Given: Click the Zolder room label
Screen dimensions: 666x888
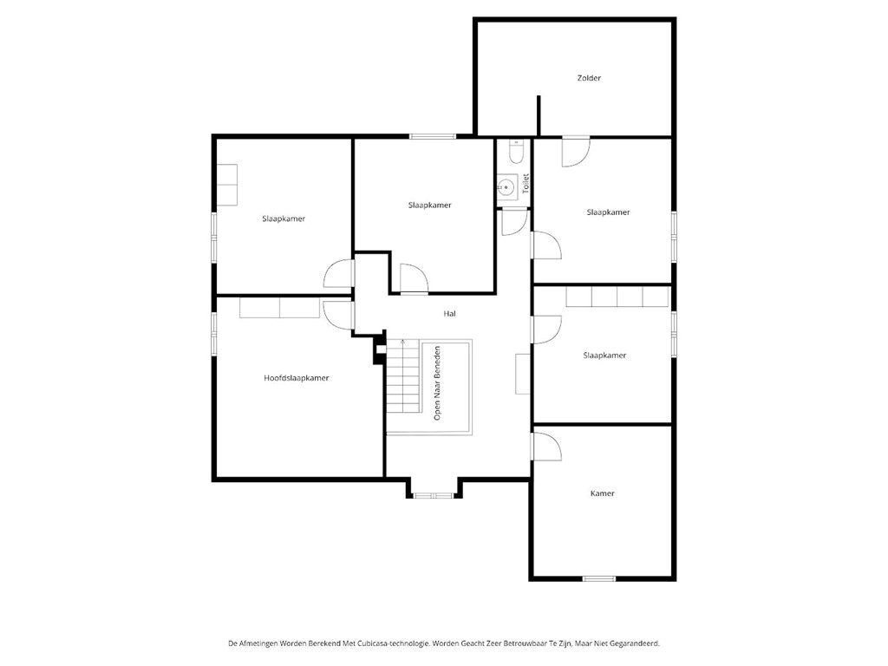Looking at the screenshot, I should coord(589,78).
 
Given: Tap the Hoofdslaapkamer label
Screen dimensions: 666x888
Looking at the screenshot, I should coord(297,378).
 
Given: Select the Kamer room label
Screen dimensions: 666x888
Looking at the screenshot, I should coord(602,493).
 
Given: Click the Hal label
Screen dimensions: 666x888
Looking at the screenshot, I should coord(449,314).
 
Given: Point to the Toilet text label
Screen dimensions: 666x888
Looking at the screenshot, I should coord(526,184).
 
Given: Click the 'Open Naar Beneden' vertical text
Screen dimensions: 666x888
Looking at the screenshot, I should coord(438,383).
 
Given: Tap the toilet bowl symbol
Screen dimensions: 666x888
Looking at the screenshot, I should coord(516,153).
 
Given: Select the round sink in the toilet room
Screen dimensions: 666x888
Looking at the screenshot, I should coord(506,185).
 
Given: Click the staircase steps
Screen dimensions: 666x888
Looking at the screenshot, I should coord(403,378).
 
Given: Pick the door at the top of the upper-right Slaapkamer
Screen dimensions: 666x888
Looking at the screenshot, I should coord(575,152).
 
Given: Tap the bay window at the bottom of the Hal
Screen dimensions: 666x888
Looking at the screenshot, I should coord(433,495).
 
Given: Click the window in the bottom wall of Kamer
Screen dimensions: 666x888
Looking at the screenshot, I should coord(599,578).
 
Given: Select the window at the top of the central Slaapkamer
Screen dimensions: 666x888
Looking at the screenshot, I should coord(433,136).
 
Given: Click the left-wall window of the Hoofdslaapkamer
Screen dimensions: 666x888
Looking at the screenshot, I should coord(213,333).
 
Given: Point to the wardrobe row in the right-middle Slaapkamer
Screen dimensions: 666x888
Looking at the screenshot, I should coord(617,297).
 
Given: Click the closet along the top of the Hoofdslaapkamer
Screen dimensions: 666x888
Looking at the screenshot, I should coord(278,307).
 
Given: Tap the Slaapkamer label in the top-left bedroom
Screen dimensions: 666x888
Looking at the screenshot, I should coord(284,219).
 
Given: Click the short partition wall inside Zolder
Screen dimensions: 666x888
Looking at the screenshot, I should coord(539,116).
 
